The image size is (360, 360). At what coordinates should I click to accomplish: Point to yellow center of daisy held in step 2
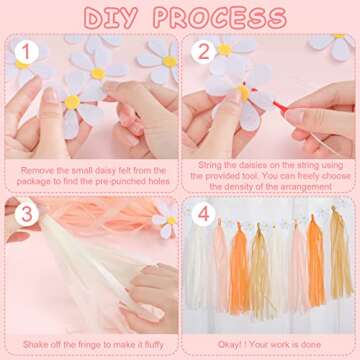[243, 91]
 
